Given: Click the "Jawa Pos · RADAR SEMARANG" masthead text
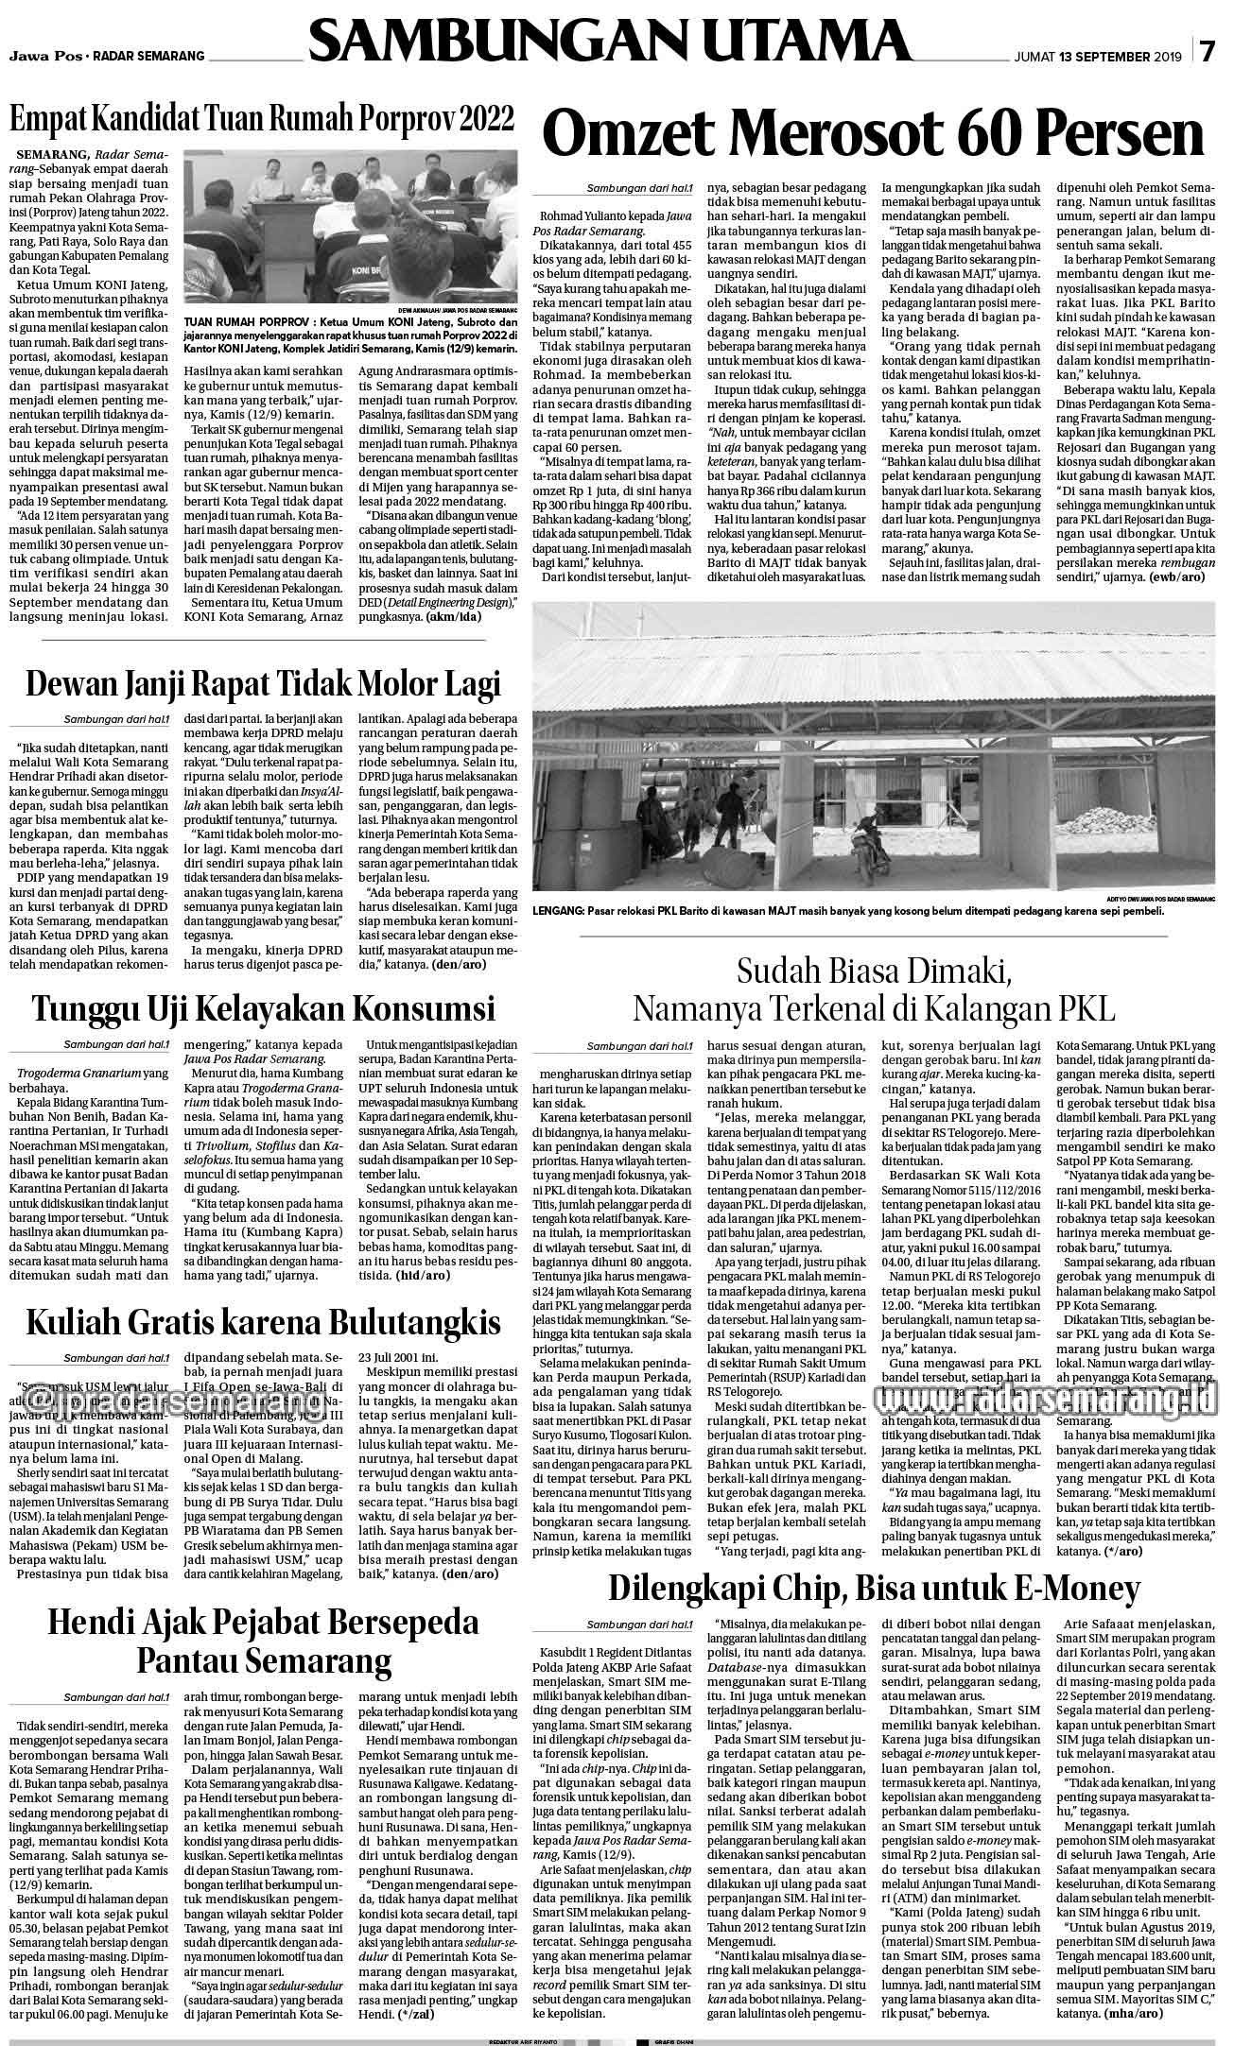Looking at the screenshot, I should coord(107,57).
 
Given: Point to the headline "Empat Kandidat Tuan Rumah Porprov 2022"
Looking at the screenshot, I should coord(262,120).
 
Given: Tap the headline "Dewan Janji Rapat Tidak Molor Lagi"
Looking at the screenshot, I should coord(262,683).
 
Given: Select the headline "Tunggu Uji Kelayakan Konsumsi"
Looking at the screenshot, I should coord(262,1008).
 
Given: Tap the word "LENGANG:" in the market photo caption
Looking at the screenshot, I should coord(558,911).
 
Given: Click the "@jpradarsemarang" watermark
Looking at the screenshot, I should coord(170,1397).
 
